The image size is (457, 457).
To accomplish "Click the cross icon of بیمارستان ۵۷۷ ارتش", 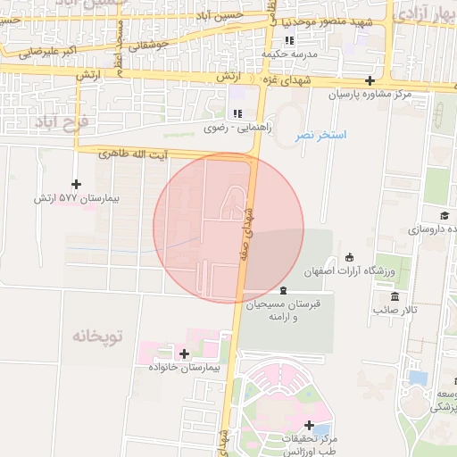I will (76, 183).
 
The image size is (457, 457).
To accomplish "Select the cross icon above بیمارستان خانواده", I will (184, 354).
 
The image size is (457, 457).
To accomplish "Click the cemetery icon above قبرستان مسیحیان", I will (283, 291).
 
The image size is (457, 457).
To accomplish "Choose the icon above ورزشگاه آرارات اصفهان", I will (349, 257).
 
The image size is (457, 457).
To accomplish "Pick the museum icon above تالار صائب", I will (394, 296).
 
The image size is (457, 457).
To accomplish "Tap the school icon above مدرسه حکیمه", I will (288, 41).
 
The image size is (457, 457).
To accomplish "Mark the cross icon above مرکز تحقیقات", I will (309, 425).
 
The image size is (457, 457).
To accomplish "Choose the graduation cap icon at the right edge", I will (444, 216).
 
